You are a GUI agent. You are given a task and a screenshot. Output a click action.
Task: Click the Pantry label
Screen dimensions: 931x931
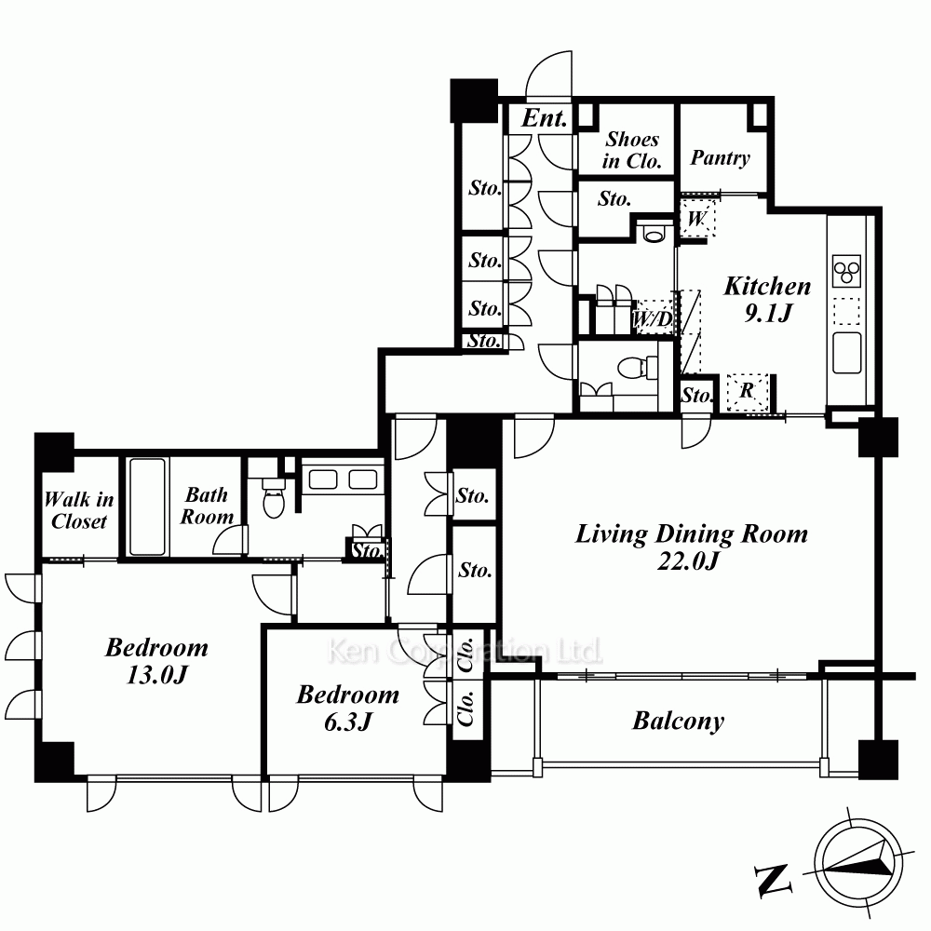(x=721, y=158)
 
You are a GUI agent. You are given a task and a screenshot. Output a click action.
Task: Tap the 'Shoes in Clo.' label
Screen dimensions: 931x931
(x=632, y=150)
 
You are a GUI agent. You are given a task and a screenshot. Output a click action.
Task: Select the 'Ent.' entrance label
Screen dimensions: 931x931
(x=544, y=118)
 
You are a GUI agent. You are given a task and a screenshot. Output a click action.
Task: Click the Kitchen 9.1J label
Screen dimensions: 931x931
(x=767, y=299)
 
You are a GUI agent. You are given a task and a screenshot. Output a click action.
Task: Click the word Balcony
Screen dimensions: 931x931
(x=678, y=722)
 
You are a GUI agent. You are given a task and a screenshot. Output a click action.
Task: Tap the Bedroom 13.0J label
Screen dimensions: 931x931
(x=156, y=660)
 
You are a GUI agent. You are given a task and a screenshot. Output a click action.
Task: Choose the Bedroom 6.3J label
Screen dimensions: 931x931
(x=348, y=708)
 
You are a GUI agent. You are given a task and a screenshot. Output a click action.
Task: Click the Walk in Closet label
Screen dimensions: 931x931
(x=79, y=510)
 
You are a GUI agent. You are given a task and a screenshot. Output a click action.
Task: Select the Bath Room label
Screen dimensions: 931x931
(x=207, y=506)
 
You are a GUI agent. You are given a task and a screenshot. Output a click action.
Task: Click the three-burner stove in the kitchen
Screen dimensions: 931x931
(x=846, y=271)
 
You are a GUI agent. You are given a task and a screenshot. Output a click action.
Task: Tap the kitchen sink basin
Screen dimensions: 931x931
(x=846, y=353)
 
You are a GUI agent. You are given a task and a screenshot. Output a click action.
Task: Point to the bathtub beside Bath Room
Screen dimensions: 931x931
(x=147, y=506)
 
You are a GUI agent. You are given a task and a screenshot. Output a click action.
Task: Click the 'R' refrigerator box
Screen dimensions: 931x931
(x=748, y=392)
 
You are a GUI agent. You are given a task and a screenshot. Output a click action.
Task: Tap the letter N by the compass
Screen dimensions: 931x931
(x=774, y=879)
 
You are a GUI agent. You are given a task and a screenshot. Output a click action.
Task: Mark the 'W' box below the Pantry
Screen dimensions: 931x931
(x=697, y=219)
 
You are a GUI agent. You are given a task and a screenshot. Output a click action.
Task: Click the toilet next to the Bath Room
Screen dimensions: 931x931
(x=274, y=497)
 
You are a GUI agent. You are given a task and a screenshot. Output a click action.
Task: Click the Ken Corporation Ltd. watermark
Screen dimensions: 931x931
(x=465, y=652)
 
